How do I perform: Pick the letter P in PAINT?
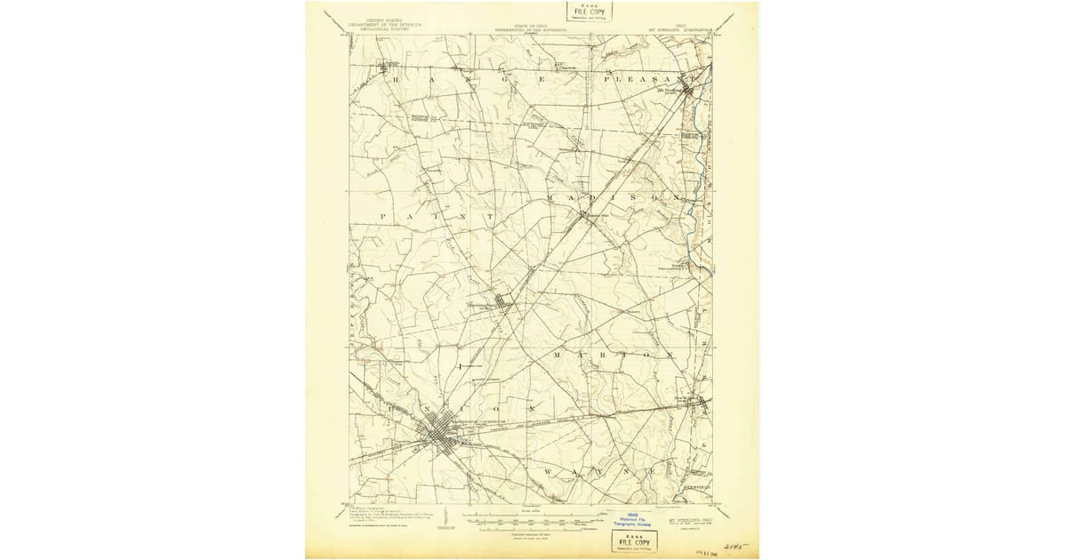click(x=383, y=216)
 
